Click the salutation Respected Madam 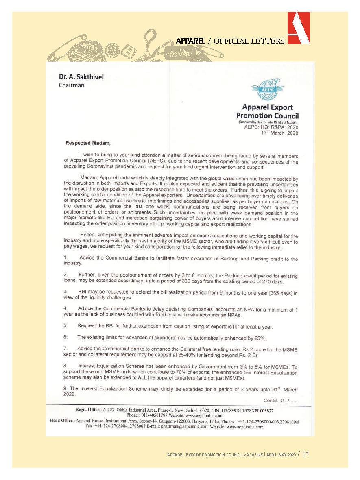coord(88,143)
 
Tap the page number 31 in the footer coord(306,454)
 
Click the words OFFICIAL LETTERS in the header coord(249,41)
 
